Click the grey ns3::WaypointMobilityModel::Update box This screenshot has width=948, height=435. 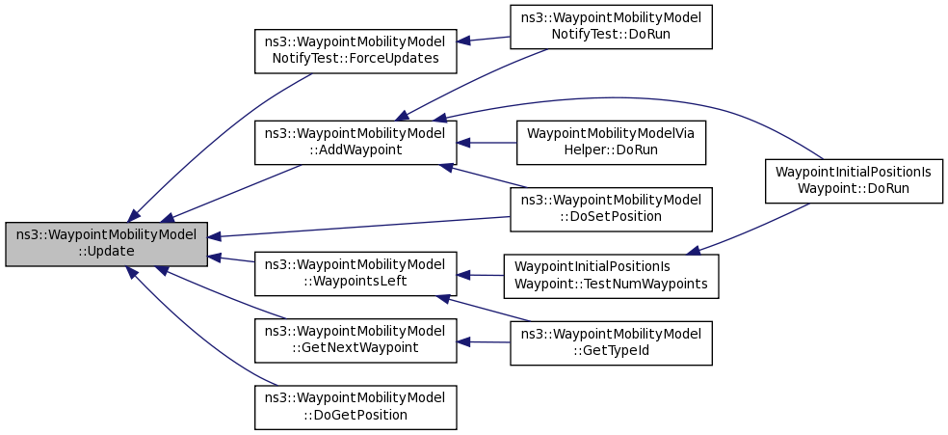pos(106,244)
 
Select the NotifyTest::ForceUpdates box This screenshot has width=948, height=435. pos(355,51)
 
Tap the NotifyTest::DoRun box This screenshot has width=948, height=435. pos(611,27)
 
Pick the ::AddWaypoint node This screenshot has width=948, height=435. pos(355,142)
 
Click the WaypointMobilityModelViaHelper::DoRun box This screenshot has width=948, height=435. pos(611,142)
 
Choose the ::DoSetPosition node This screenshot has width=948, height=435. pos(611,209)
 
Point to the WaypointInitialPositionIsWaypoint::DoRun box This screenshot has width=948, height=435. pos(854,181)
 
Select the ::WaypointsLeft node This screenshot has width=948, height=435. pos(355,274)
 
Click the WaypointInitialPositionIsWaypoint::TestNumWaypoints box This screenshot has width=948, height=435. pos(611,277)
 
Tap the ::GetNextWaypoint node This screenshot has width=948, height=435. pos(355,340)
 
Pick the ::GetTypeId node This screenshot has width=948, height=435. pos(611,343)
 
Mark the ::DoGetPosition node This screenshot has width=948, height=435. pos(355,408)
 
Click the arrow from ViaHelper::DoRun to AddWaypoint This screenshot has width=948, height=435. pos(487,142)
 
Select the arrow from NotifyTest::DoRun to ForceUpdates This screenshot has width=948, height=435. pos(484,40)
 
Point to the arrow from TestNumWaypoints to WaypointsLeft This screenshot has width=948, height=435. pos(481,275)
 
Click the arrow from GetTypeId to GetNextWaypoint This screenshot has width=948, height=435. pos(484,342)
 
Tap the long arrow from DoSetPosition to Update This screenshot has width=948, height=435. pos(359,227)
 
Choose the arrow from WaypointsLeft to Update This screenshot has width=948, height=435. pos(231,258)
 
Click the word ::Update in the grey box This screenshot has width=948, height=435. pos(106,251)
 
